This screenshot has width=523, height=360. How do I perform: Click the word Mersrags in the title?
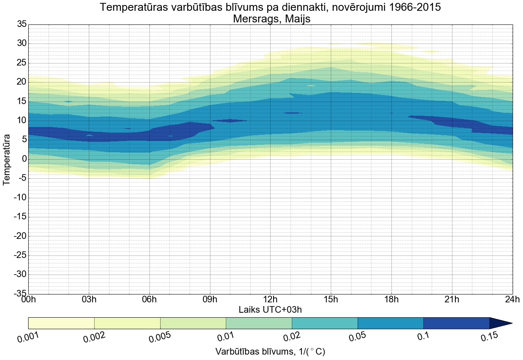pyautogui.click(x=252, y=19)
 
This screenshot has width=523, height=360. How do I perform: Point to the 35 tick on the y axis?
pyautogui.click(x=22, y=24)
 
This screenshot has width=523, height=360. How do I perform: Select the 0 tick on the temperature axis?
pyautogui.click(x=24, y=159)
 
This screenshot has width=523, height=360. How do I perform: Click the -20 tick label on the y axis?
pyautogui.click(x=20, y=236)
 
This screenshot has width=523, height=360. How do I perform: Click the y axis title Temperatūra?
pyautogui.click(x=7, y=159)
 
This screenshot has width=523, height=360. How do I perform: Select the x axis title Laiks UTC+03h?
pyautogui.click(x=270, y=310)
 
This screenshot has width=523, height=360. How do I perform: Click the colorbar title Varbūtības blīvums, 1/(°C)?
pyautogui.click(x=270, y=352)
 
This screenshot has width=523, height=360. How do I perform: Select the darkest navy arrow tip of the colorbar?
pyautogui.click(x=500, y=323)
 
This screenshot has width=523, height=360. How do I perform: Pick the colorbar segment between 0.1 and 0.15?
pyautogui.click(x=456, y=323)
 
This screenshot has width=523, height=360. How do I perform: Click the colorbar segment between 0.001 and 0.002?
pyautogui.click(x=61, y=323)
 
